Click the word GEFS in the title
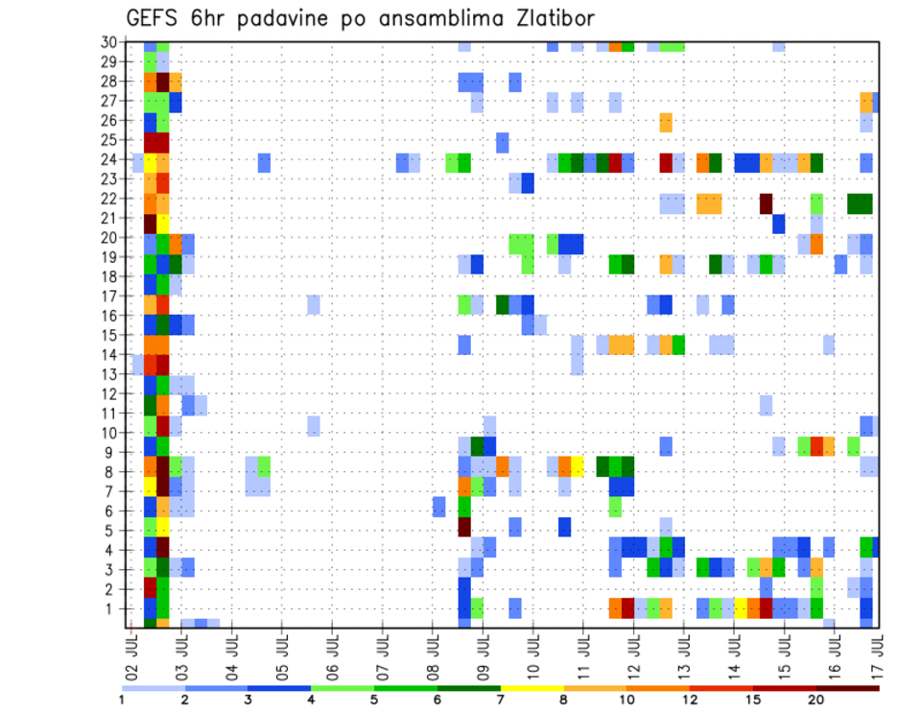[154, 19]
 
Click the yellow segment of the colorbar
[531, 687]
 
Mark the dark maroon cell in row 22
[766, 203]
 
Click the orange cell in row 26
[666, 122]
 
